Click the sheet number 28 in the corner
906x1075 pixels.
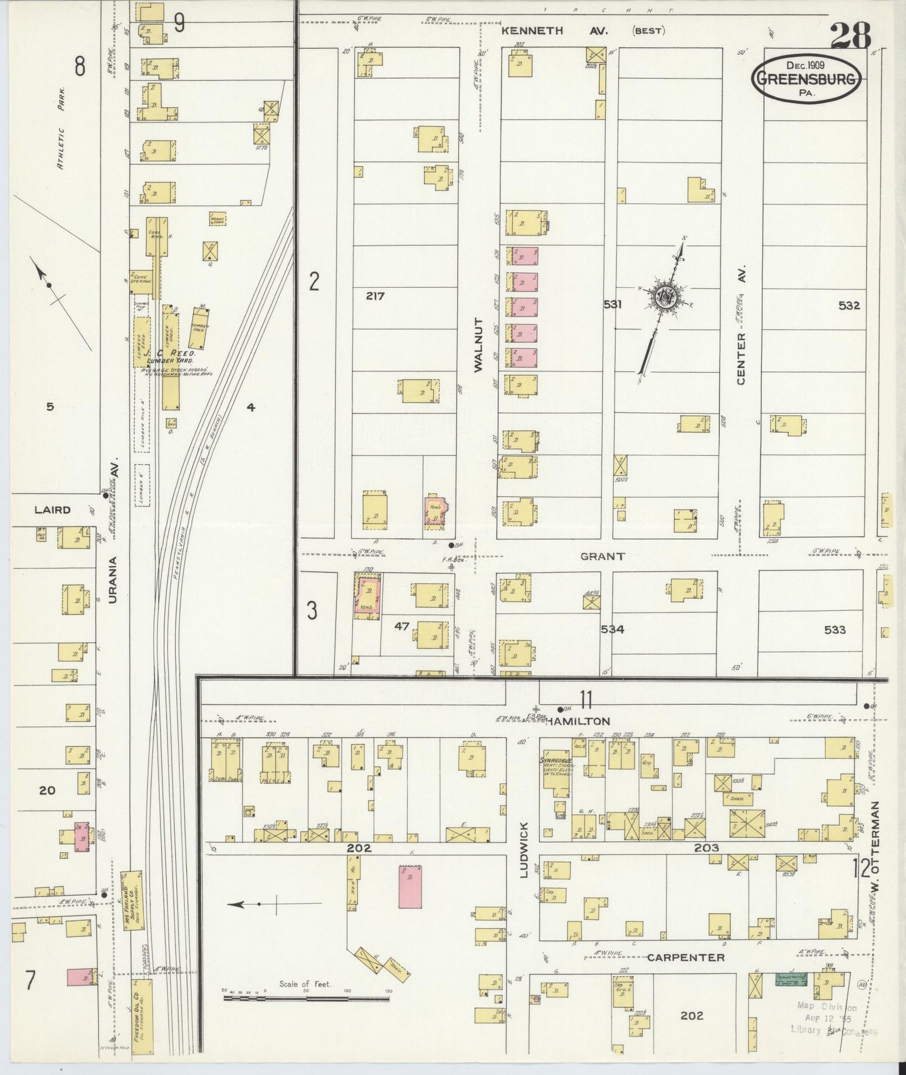point(851,36)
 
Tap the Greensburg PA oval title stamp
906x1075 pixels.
point(807,78)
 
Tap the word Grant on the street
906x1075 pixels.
point(602,556)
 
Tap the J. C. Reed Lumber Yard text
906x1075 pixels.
point(171,357)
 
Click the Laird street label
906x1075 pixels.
point(53,510)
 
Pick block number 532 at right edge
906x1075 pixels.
point(849,306)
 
